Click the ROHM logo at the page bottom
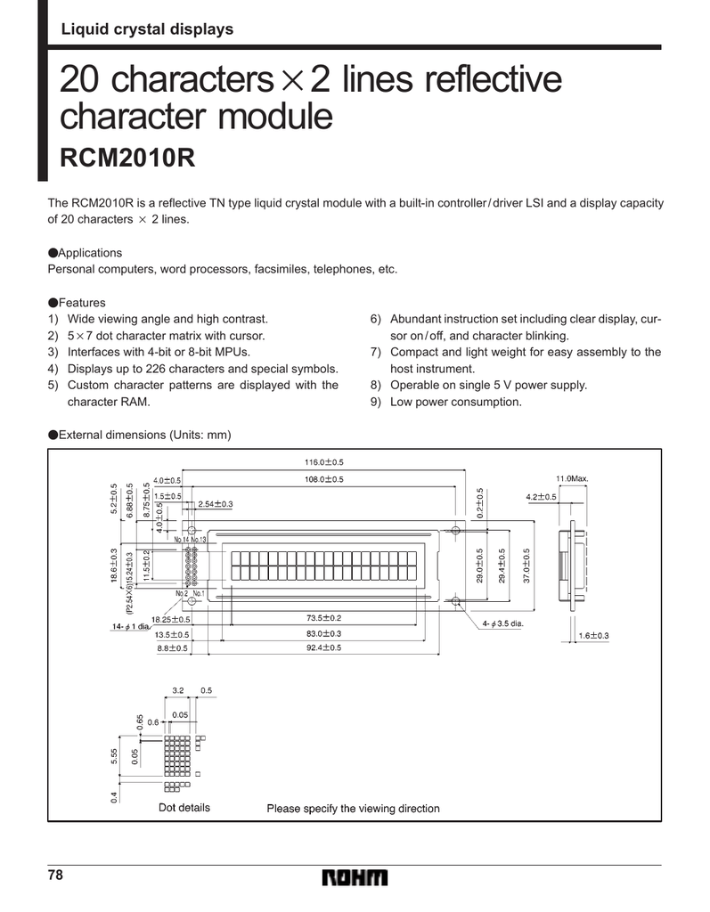click(355, 878)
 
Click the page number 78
click(56, 875)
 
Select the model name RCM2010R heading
click(126, 159)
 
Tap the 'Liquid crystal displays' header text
click(146, 29)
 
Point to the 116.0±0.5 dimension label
click(323, 462)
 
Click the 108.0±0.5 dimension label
click(323, 480)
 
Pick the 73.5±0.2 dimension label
click(323, 618)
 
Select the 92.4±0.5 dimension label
click(323, 647)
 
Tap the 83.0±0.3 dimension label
click(323, 633)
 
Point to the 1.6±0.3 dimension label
click(593, 635)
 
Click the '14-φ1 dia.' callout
click(130, 627)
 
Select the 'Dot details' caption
click(184, 808)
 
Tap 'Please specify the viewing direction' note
click(354, 809)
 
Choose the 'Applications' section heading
click(89, 253)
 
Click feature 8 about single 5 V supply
click(487, 386)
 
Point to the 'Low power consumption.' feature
click(455, 402)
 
